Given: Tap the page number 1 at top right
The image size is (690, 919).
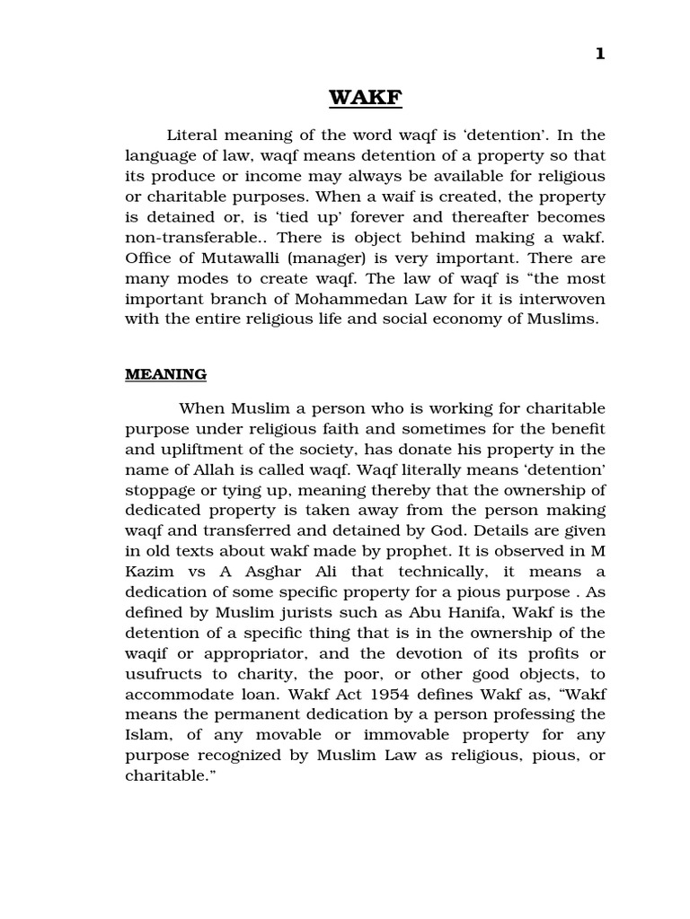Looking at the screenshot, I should coord(599,54).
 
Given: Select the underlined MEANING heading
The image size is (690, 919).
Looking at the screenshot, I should coord(165,374).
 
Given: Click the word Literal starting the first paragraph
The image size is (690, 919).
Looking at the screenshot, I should coord(193,136).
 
